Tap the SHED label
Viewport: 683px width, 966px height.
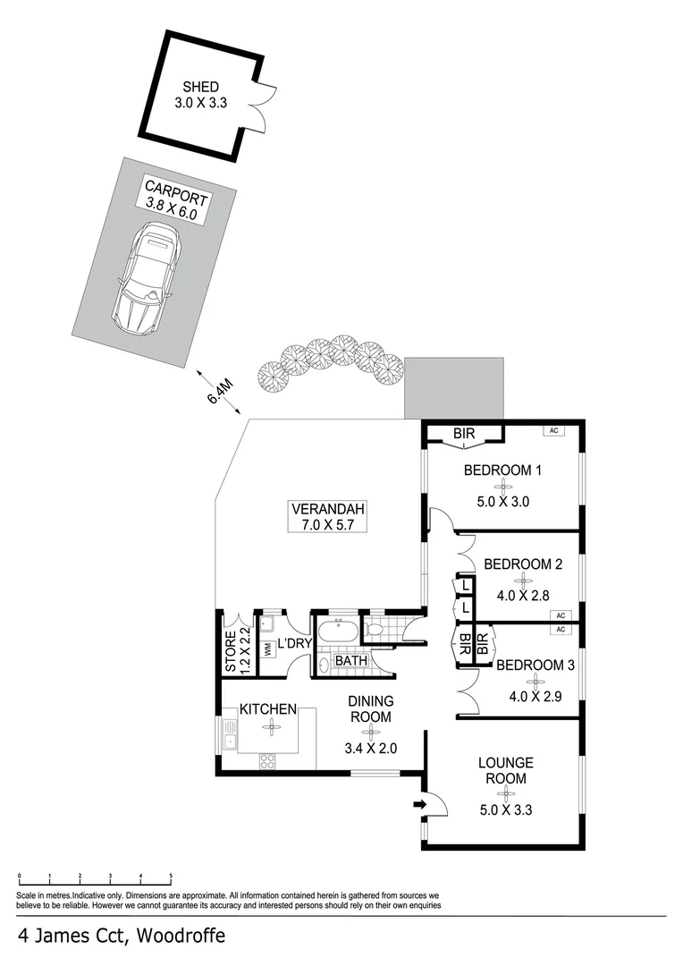pos(201,87)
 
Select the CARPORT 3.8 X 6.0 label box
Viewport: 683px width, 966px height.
pos(177,207)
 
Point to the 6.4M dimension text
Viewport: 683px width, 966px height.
pos(221,391)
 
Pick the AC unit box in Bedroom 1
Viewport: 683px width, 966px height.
pos(553,430)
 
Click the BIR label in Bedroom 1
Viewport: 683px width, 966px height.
pos(463,434)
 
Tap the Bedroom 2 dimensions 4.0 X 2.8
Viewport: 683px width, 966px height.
pos(524,593)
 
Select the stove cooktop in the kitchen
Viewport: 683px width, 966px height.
pos(267,760)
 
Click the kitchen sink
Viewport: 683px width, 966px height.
pos(229,735)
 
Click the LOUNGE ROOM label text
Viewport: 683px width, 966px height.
pos(506,770)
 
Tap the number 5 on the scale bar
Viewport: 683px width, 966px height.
pos(171,877)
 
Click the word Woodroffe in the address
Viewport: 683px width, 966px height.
pos(180,936)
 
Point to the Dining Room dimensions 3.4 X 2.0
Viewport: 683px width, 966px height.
pos(370,748)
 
